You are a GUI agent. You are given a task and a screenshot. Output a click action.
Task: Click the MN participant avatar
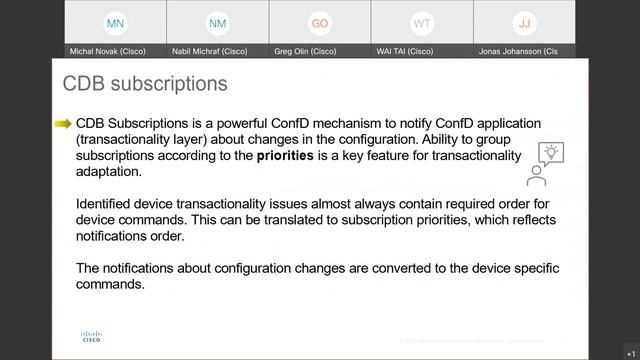116,22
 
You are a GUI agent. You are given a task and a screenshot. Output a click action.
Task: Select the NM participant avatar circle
218,22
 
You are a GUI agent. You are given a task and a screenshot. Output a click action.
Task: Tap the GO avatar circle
320,22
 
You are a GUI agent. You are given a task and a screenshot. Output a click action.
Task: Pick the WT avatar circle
422,22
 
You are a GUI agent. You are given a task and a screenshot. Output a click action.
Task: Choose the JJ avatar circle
524,22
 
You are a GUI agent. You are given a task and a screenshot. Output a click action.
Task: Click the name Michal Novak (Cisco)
110,50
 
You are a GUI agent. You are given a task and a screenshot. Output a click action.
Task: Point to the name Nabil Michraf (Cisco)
213,50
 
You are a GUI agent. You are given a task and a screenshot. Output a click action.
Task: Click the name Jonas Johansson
517,50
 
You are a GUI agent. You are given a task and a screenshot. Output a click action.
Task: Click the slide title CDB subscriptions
145,83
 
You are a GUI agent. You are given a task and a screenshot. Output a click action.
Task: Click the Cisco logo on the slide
91,336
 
